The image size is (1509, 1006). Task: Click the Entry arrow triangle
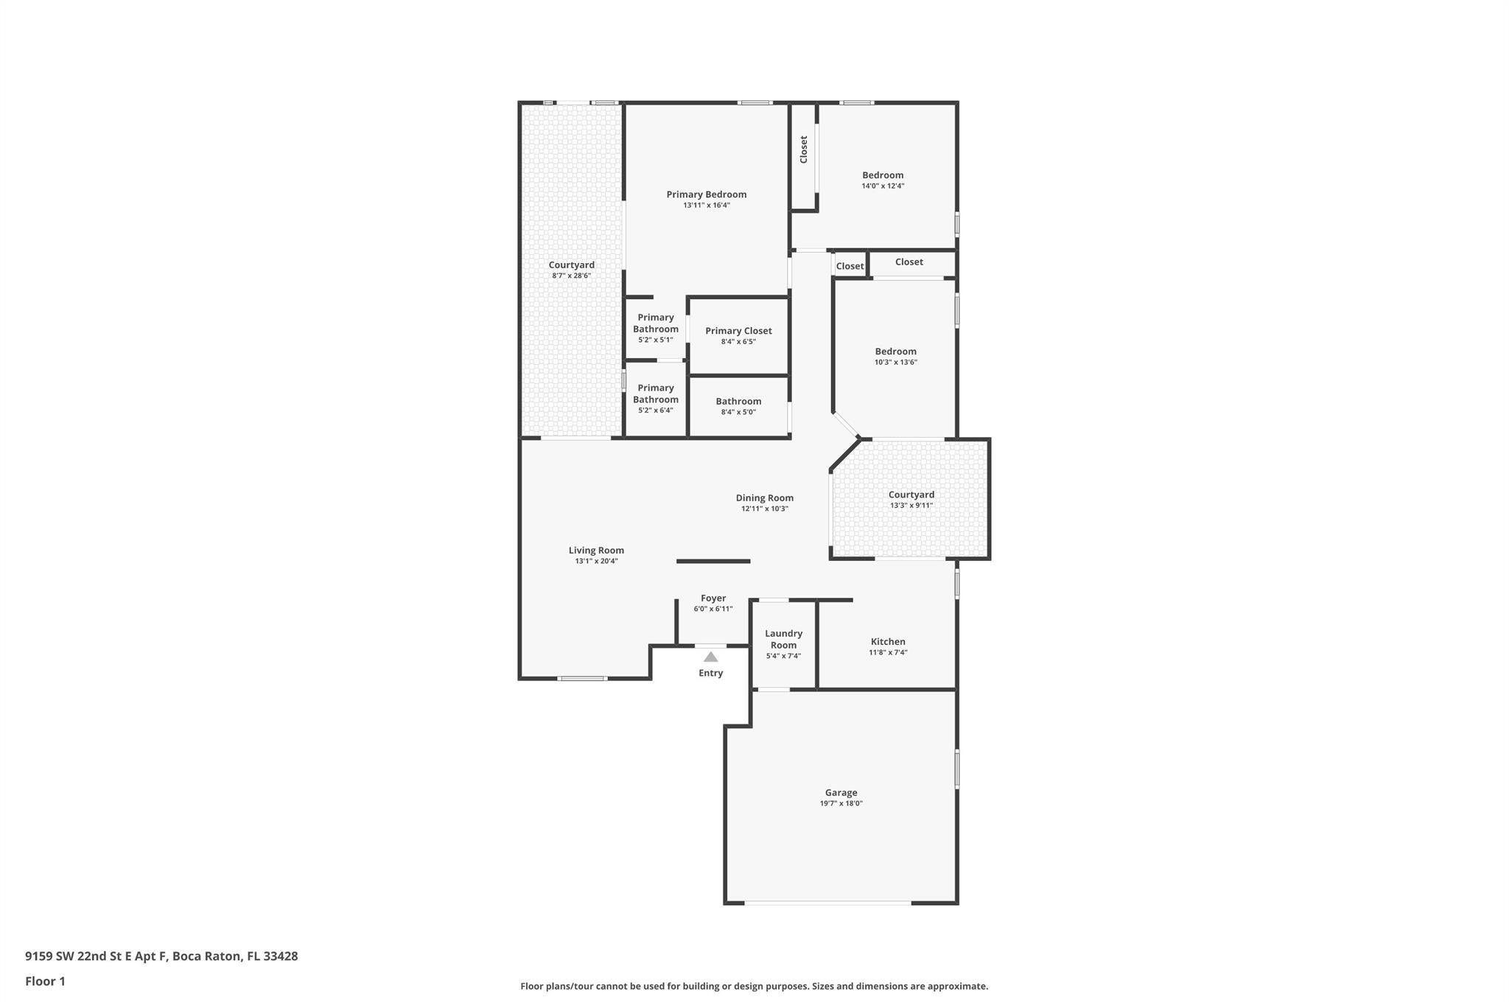pyautogui.click(x=710, y=657)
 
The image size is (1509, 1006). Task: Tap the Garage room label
pyautogui.click(x=841, y=793)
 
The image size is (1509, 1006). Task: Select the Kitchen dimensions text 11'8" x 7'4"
pyautogui.click(x=888, y=652)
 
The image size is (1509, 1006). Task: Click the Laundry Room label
pyautogui.click(x=783, y=639)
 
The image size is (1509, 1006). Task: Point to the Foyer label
pyautogui.click(x=713, y=598)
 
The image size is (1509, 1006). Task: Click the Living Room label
pyautogui.click(x=596, y=551)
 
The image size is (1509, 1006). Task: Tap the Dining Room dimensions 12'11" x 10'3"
pyautogui.click(x=764, y=509)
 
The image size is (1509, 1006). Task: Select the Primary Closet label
pyautogui.click(x=738, y=331)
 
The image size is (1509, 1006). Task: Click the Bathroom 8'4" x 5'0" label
pyautogui.click(x=738, y=402)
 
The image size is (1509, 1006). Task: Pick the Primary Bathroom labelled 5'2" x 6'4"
pyautogui.click(x=655, y=394)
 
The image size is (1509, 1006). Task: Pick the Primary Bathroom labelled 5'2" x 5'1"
pyautogui.click(x=655, y=324)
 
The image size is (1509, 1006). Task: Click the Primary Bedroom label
pyautogui.click(x=706, y=195)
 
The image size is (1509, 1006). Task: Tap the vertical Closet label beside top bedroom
pyautogui.click(x=804, y=150)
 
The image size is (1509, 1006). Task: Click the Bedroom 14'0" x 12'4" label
pyautogui.click(x=883, y=175)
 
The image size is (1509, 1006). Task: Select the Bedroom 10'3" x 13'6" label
pyautogui.click(x=895, y=352)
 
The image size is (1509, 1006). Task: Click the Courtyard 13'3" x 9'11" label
pyautogui.click(x=911, y=495)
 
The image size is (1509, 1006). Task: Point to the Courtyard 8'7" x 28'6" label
pyautogui.click(x=571, y=265)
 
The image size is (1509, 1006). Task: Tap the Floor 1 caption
pyautogui.click(x=45, y=981)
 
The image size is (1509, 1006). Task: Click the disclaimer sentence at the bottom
pyautogui.click(x=754, y=986)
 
